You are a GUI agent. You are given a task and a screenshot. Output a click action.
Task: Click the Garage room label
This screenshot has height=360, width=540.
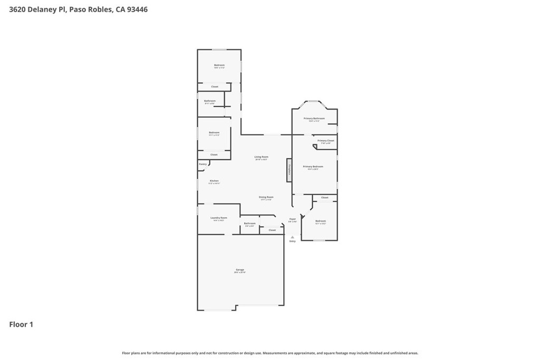[240, 270]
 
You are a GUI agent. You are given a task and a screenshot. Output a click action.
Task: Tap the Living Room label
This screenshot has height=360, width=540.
[262, 157]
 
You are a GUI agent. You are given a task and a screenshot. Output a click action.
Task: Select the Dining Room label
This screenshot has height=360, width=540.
[266, 198]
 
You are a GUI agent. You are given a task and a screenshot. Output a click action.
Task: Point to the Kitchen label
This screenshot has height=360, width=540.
[214, 181]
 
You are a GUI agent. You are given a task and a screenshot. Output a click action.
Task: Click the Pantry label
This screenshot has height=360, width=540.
[203, 164]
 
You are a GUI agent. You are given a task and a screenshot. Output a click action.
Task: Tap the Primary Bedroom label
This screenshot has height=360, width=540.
[313, 167]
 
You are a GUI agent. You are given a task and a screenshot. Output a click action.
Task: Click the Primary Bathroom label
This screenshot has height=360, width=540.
[314, 119]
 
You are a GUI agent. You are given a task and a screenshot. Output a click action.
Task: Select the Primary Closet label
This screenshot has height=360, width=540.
[325, 141]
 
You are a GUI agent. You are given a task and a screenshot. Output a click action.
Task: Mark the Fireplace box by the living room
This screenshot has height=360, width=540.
[289, 170]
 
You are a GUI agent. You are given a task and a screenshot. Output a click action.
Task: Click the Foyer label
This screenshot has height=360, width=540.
[292, 219]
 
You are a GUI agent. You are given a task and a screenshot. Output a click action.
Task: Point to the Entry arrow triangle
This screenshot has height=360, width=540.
[292, 237]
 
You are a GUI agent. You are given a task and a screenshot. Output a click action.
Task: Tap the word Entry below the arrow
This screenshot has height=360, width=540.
[292, 241]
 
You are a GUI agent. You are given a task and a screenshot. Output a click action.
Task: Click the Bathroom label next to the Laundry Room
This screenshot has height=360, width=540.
[249, 223]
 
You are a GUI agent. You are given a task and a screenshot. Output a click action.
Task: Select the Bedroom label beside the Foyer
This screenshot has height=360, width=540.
[321, 221]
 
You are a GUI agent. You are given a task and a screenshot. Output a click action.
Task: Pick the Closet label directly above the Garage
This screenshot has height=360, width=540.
[272, 230]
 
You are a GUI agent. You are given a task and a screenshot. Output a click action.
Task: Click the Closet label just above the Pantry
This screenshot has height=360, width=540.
[214, 155]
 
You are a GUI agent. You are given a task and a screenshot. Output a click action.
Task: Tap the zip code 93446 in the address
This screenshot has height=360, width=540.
[136, 9]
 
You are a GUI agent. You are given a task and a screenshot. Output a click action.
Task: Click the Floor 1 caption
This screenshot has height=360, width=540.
[21, 325]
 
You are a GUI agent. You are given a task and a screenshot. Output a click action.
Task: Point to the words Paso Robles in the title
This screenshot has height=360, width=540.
[91, 9]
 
